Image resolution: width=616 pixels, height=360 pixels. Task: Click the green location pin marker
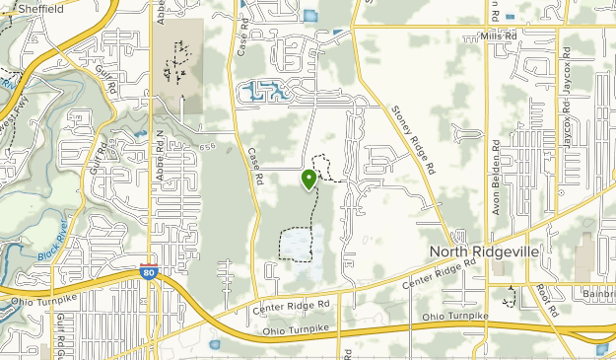click(x=308, y=179)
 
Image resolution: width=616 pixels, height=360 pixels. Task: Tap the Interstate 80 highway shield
click(x=147, y=271)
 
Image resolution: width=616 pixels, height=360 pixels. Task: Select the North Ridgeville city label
click(x=484, y=252)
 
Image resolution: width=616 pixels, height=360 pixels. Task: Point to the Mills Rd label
click(x=499, y=36)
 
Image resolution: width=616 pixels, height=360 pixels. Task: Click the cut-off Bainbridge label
click(x=596, y=294)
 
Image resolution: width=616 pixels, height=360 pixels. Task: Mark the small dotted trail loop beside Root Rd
click(x=509, y=296)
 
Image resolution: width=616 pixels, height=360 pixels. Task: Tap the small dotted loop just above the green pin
click(x=320, y=165)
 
